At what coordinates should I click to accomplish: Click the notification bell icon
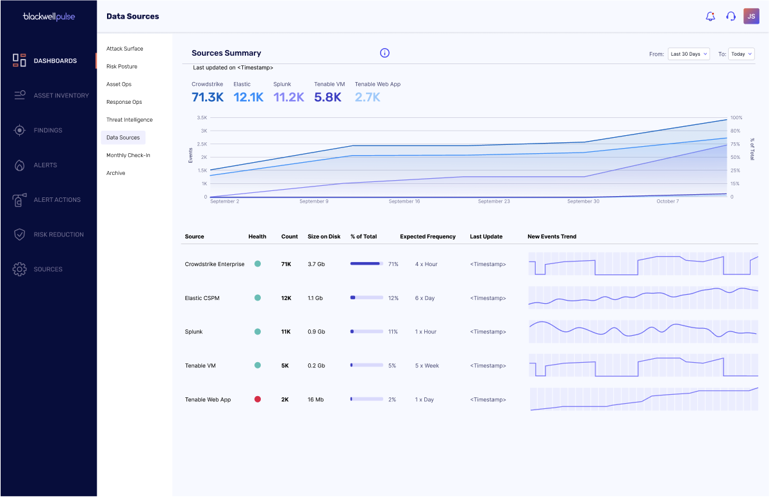point(710,16)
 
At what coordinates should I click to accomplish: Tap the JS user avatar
point(751,16)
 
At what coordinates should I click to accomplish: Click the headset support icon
point(731,16)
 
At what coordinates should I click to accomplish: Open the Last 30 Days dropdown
point(688,54)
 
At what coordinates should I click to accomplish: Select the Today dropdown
point(741,54)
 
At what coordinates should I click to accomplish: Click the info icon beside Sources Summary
point(385,53)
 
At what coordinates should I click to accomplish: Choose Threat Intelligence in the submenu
point(129,120)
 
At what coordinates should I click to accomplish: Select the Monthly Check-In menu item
point(128,155)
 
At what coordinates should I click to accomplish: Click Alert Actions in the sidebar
point(57,200)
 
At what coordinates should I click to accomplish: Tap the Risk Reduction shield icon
point(19,235)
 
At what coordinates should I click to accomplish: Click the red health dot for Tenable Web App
point(258,399)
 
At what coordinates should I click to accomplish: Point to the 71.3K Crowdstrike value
point(208,97)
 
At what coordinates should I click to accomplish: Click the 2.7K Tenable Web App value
point(367,97)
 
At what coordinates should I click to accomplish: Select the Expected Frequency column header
point(427,237)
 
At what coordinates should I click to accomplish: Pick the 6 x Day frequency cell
point(425,298)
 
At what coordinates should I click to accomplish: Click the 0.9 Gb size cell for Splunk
point(317,332)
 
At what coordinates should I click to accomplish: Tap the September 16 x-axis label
point(404,201)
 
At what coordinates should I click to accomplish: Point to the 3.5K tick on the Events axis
point(202,118)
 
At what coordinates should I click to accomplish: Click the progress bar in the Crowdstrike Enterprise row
point(367,263)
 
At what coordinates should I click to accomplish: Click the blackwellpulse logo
point(49,17)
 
